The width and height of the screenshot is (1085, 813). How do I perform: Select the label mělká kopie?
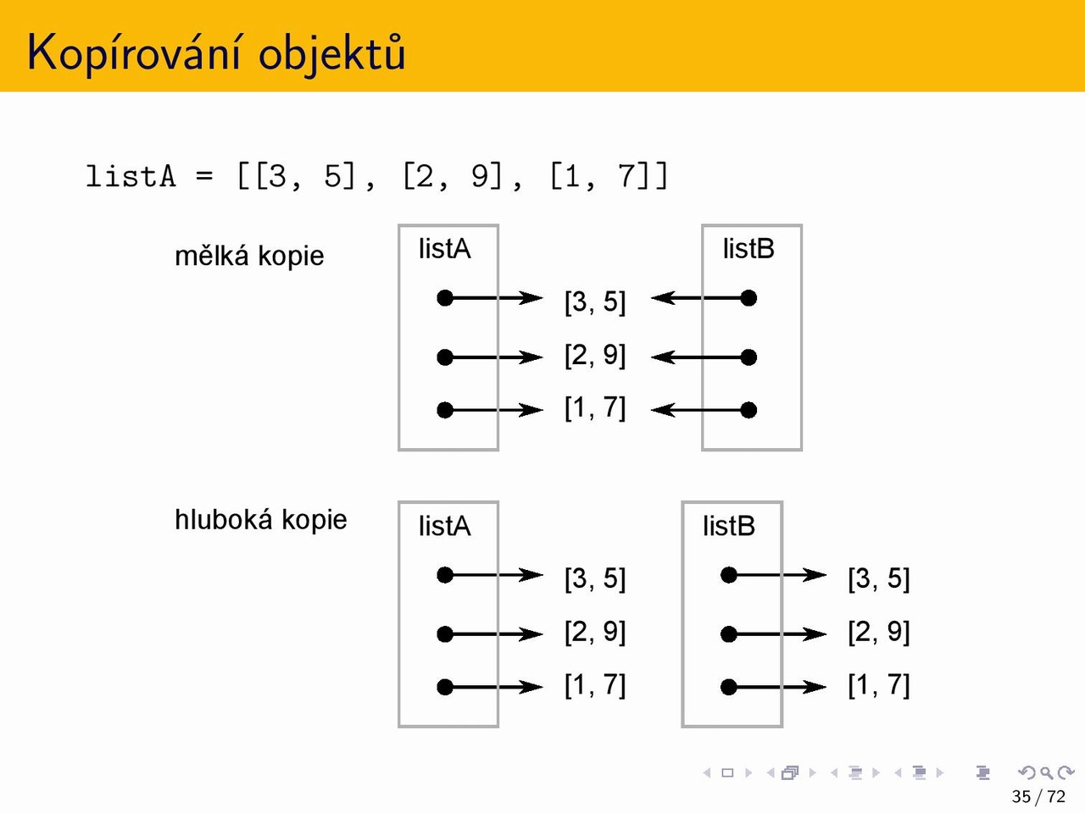[x=249, y=257]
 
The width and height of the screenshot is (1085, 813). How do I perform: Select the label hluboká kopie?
[x=261, y=519]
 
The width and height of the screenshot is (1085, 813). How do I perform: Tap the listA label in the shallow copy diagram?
[x=444, y=249]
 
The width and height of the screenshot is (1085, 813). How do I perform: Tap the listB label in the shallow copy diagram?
[x=748, y=249]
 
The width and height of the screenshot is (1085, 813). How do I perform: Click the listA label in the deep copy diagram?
[x=444, y=526]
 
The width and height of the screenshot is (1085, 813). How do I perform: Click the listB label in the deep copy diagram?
[x=729, y=526]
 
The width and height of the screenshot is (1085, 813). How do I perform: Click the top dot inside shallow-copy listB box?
[x=748, y=298]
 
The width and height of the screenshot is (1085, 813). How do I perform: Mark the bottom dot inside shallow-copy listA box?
[x=445, y=410]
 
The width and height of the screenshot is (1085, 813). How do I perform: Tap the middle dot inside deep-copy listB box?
[x=729, y=633]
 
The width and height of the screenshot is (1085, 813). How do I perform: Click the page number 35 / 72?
[x=1038, y=796]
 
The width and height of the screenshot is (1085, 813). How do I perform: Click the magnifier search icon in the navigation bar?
[x=1046, y=772]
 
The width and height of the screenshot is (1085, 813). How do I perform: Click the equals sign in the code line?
[x=204, y=176]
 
